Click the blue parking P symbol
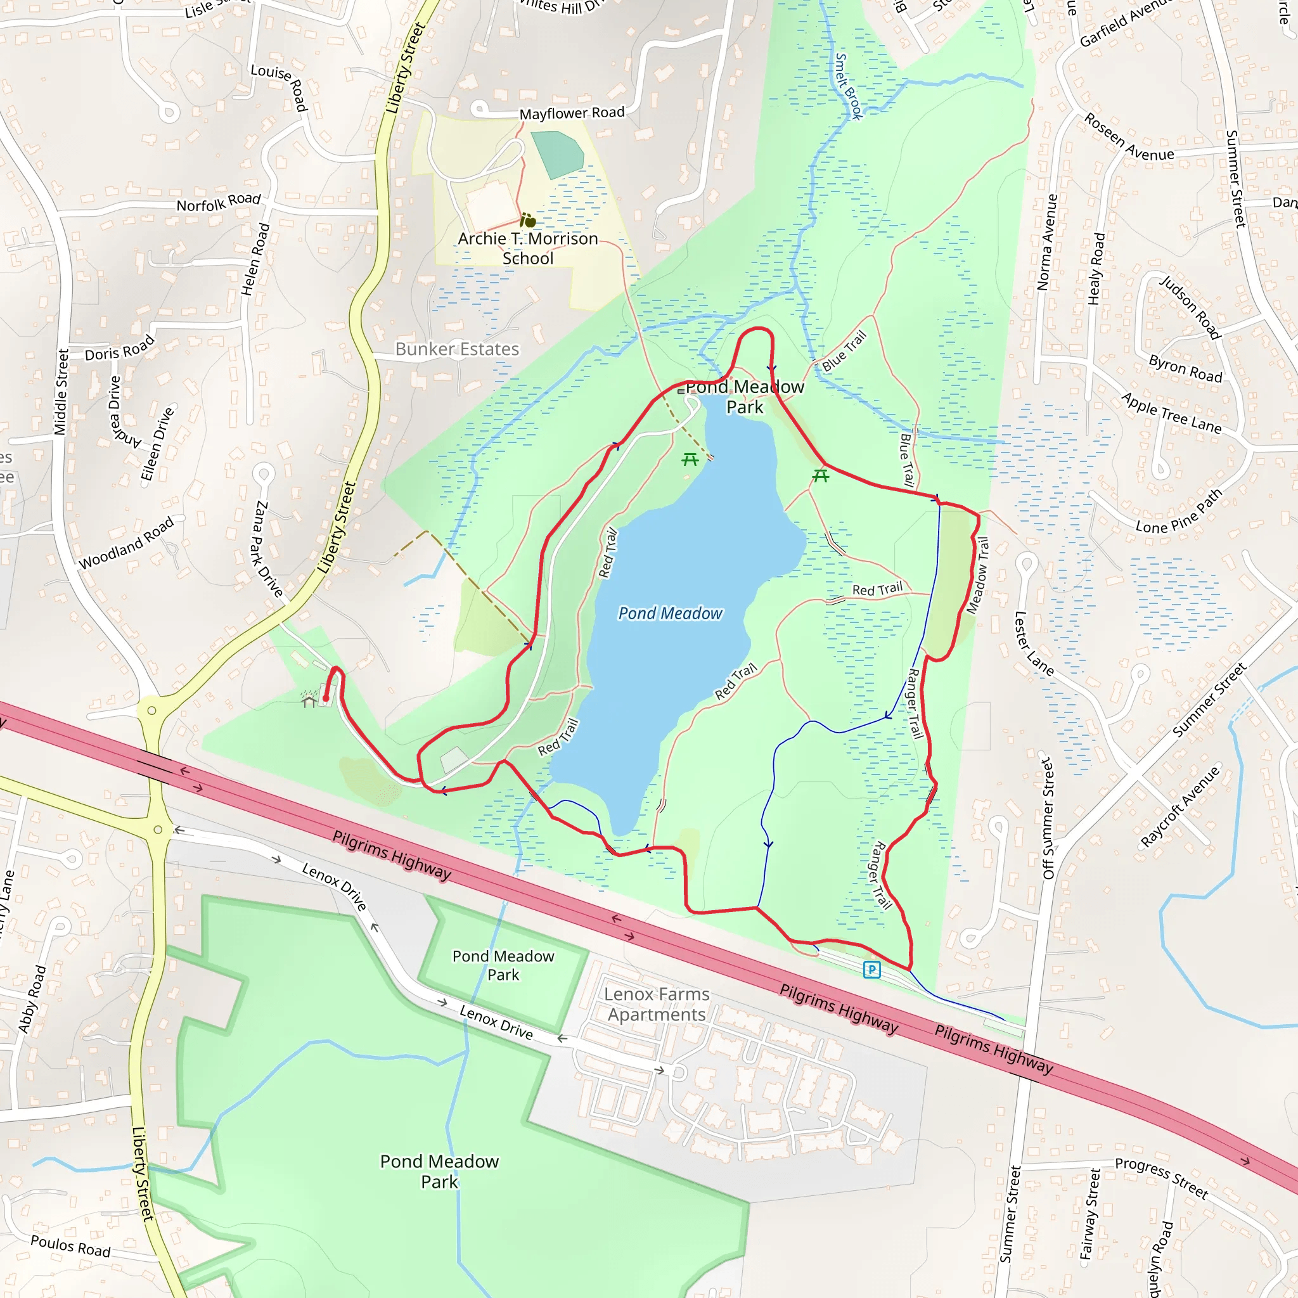click(x=871, y=970)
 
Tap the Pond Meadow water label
click(x=670, y=614)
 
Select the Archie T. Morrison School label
click(x=528, y=248)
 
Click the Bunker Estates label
click(x=457, y=349)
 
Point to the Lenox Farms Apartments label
click(x=657, y=1004)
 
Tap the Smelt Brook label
click(x=849, y=86)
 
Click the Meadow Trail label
click(x=977, y=575)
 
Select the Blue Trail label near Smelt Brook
click(x=844, y=351)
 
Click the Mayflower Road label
click(x=572, y=113)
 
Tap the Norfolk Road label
click(x=219, y=202)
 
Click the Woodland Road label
click(x=126, y=543)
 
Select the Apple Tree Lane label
click(x=1171, y=413)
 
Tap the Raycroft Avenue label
click(x=1179, y=806)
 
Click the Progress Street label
click(x=1162, y=1178)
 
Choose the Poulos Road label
click(x=70, y=1245)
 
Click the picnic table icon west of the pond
click(x=690, y=459)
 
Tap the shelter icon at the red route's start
click(x=309, y=702)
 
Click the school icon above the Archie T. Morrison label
click(x=528, y=221)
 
